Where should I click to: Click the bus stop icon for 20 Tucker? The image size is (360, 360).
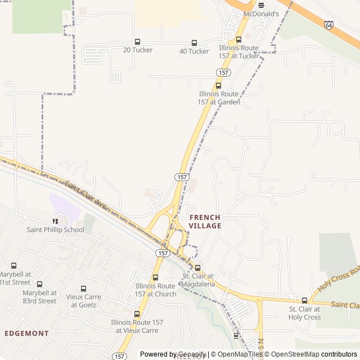(x=138, y=42)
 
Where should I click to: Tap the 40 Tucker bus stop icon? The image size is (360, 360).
(x=195, y=43)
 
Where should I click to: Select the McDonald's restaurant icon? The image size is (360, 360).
(x=261, y=5)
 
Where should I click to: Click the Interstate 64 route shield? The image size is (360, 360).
(x=328, y=25)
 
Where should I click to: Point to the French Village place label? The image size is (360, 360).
(x=205, y=221)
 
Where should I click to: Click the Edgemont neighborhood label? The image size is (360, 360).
(x=26, y=333)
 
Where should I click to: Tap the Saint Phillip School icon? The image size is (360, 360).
(x=55, y=222)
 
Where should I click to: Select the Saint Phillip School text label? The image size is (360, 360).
(x=55, y=229)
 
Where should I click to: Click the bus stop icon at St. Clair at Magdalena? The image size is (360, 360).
(x=197, y=268)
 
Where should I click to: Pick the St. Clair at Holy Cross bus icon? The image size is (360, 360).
(x=305, y=301)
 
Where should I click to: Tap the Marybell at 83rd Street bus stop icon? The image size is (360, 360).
(x=39, y=285)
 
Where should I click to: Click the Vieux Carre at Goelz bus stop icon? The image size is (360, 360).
(x=83, y=289)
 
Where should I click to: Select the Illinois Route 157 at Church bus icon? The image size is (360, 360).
(x=155, y=277)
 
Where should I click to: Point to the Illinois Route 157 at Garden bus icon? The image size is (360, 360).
(x=219, y=86)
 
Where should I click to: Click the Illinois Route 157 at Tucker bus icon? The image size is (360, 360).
(x=239, y=39)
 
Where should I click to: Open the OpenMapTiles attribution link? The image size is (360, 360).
(x=236, y=354)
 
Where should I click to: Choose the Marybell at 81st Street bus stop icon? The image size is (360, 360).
(x=14, y=265)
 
